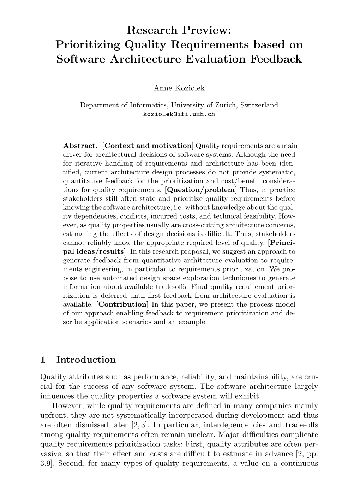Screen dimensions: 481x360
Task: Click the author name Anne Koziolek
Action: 179,88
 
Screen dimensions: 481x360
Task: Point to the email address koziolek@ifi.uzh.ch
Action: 179,114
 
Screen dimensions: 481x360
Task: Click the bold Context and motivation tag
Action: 148,146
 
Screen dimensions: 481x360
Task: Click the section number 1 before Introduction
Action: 43,360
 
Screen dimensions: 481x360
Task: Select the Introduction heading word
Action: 86,360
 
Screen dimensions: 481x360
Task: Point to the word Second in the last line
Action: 70,463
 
